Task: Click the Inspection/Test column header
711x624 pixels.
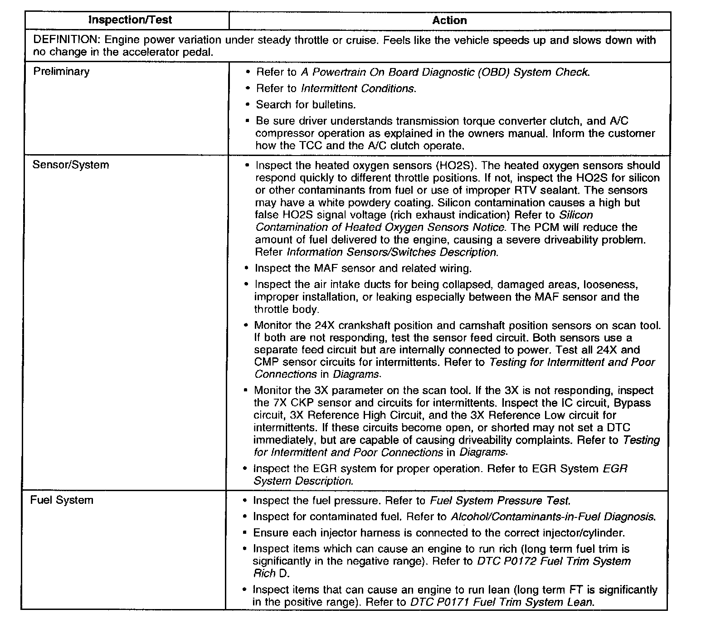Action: tap(130, 20)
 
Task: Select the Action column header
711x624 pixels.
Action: tap(449, 20)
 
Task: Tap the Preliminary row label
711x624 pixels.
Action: tap(61, 72)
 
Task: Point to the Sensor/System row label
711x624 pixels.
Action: tap(71, 165)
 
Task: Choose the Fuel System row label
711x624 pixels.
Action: tap(62, 500)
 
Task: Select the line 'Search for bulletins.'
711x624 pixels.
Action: tap(306, 105)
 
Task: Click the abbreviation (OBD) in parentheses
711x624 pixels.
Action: tap(494, 72)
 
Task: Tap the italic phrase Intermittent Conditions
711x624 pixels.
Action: tap(358, 88)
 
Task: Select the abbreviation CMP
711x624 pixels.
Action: tap(267, 362)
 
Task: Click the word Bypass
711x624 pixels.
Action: tap(633, 403)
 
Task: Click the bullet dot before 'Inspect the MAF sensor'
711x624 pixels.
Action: tap(246, 268)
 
